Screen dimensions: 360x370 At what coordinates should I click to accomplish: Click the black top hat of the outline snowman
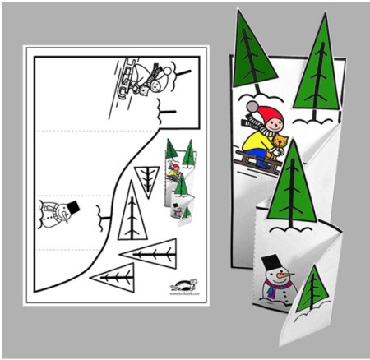coord(71,204)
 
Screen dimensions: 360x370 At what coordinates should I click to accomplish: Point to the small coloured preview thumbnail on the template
coord(179,183)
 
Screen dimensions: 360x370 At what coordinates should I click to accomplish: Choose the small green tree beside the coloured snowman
coord(310,292)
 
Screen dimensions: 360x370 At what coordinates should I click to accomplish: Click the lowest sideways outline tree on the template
coord(114,275)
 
